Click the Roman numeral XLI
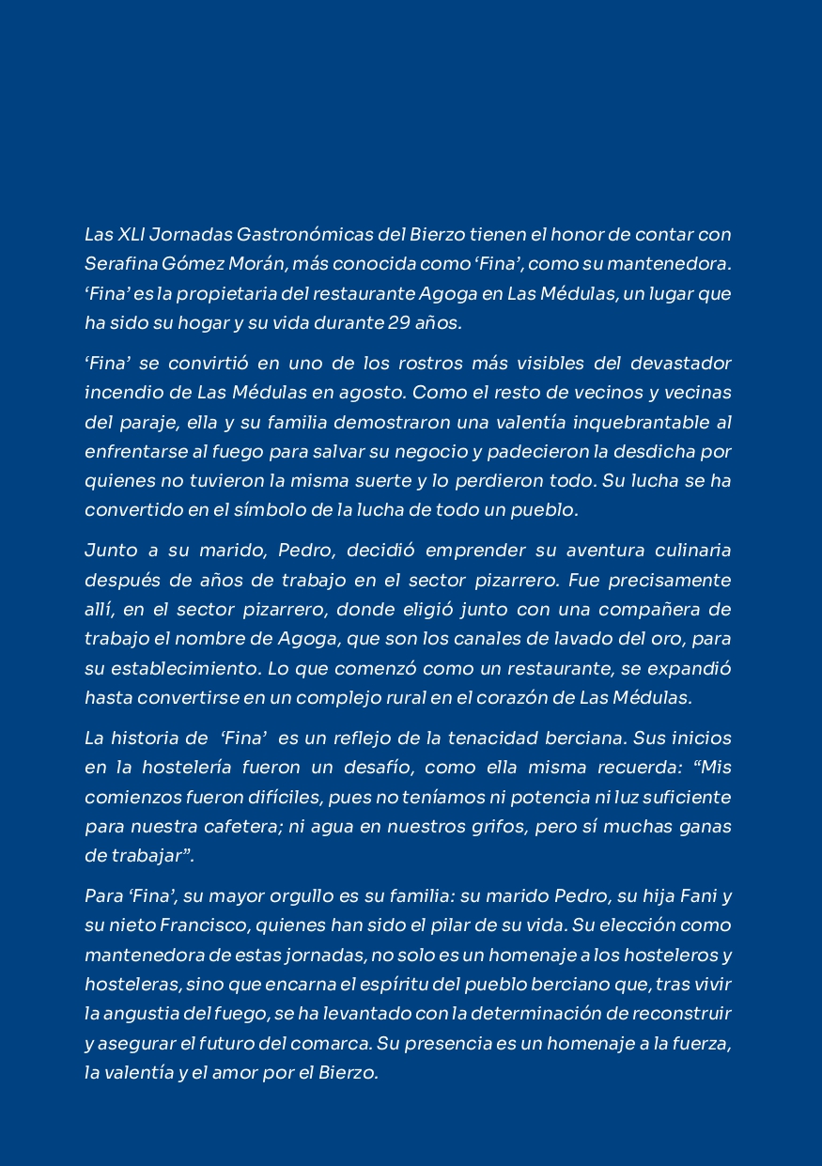point(136,234)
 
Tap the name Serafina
point(116,264)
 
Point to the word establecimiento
point(179,668)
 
